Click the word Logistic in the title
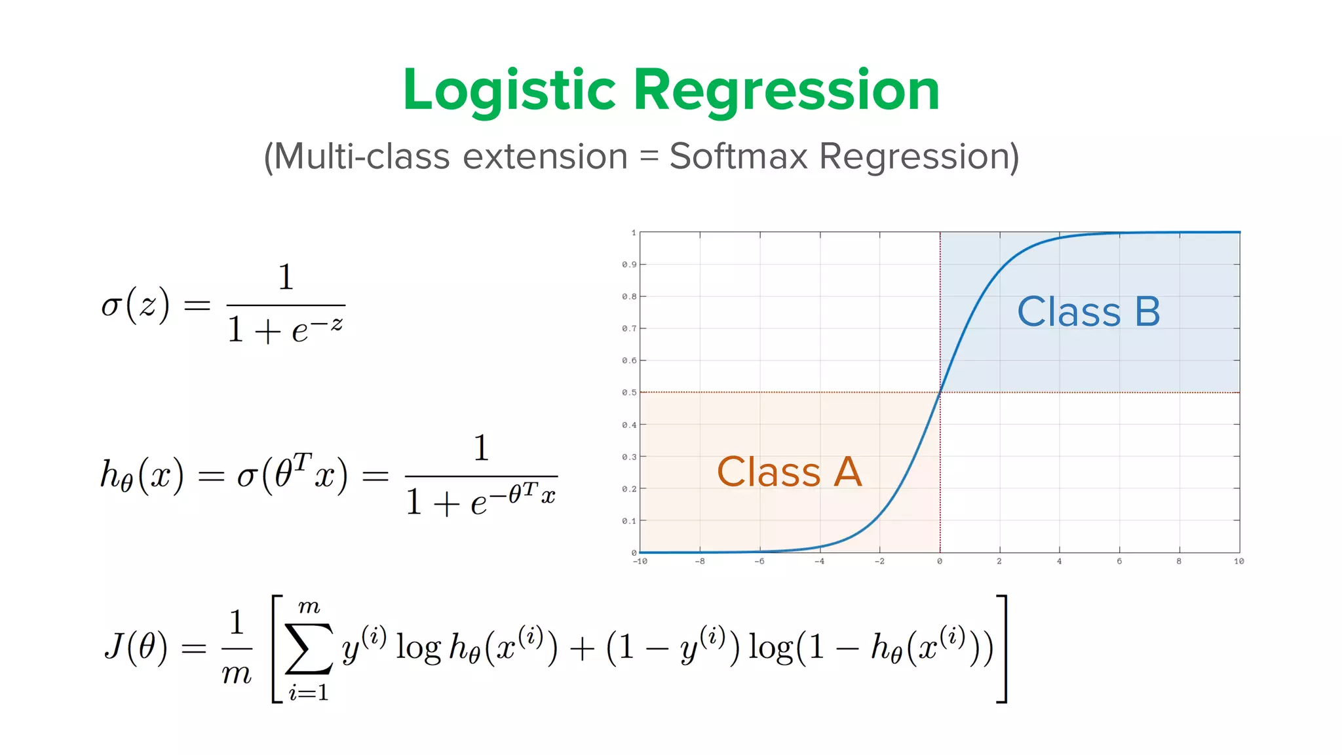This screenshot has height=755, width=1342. [509, 91]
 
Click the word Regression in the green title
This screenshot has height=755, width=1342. [786, 91]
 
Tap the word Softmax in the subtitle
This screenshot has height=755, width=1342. [738, 157]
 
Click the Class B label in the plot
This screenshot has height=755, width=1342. [1088, 312]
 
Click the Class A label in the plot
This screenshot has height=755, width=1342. [789, 472]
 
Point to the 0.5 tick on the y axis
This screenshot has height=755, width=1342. [629, 393]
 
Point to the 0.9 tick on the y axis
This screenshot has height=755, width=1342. [629, 265]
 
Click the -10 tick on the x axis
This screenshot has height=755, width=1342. [640, 562]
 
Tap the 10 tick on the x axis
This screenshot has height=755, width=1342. [1238, 562]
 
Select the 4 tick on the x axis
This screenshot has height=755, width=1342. [1059, 562]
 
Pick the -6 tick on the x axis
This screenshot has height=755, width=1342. [759, 562]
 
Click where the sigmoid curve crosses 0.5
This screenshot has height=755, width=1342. [940, 393]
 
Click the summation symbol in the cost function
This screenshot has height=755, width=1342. [309, 649]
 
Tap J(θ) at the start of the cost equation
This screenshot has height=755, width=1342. [136, 647]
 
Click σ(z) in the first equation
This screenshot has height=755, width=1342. [136, 305]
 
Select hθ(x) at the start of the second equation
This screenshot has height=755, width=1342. [142, 476]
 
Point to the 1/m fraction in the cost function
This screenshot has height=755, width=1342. [237, 648]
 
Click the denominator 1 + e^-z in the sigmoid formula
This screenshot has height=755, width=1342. [285, 329]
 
